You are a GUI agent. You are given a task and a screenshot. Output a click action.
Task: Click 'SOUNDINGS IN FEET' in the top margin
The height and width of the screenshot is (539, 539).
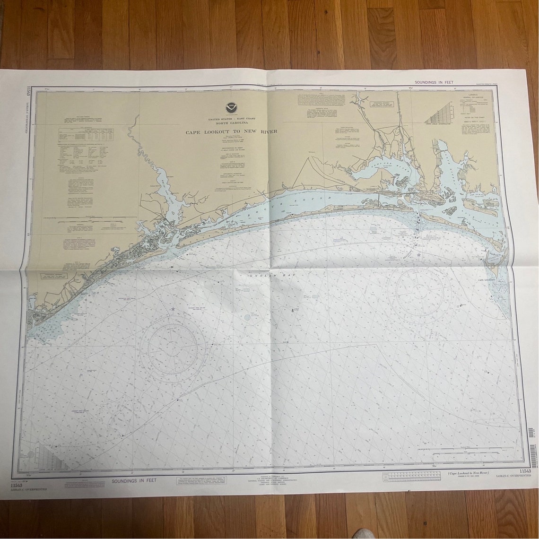(x=434, y=82)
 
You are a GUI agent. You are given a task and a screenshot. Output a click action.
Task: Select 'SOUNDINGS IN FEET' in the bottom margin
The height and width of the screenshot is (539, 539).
(x=134, y=481)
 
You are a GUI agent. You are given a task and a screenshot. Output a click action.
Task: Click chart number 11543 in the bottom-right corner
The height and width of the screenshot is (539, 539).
(x=524, y=471)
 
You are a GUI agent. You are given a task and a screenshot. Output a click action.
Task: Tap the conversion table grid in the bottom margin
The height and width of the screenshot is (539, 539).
(x=410, y=476)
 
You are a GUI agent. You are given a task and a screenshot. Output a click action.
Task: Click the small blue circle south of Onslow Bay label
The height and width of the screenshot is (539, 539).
(x=246, y=317)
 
